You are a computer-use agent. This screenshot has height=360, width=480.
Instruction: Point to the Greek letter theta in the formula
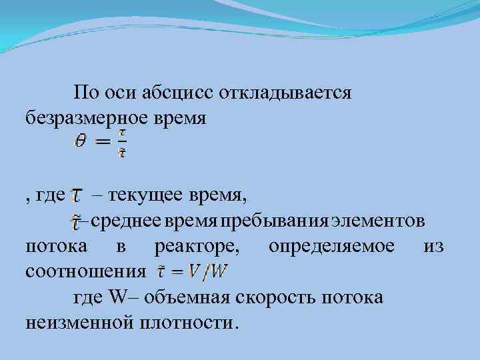[x=80, y=142]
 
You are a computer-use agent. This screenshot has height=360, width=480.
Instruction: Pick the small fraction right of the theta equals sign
[x=121, y=143]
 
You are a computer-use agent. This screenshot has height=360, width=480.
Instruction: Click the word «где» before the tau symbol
[x=51, y=195]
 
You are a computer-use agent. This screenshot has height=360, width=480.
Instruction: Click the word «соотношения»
[x=85, y=272]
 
